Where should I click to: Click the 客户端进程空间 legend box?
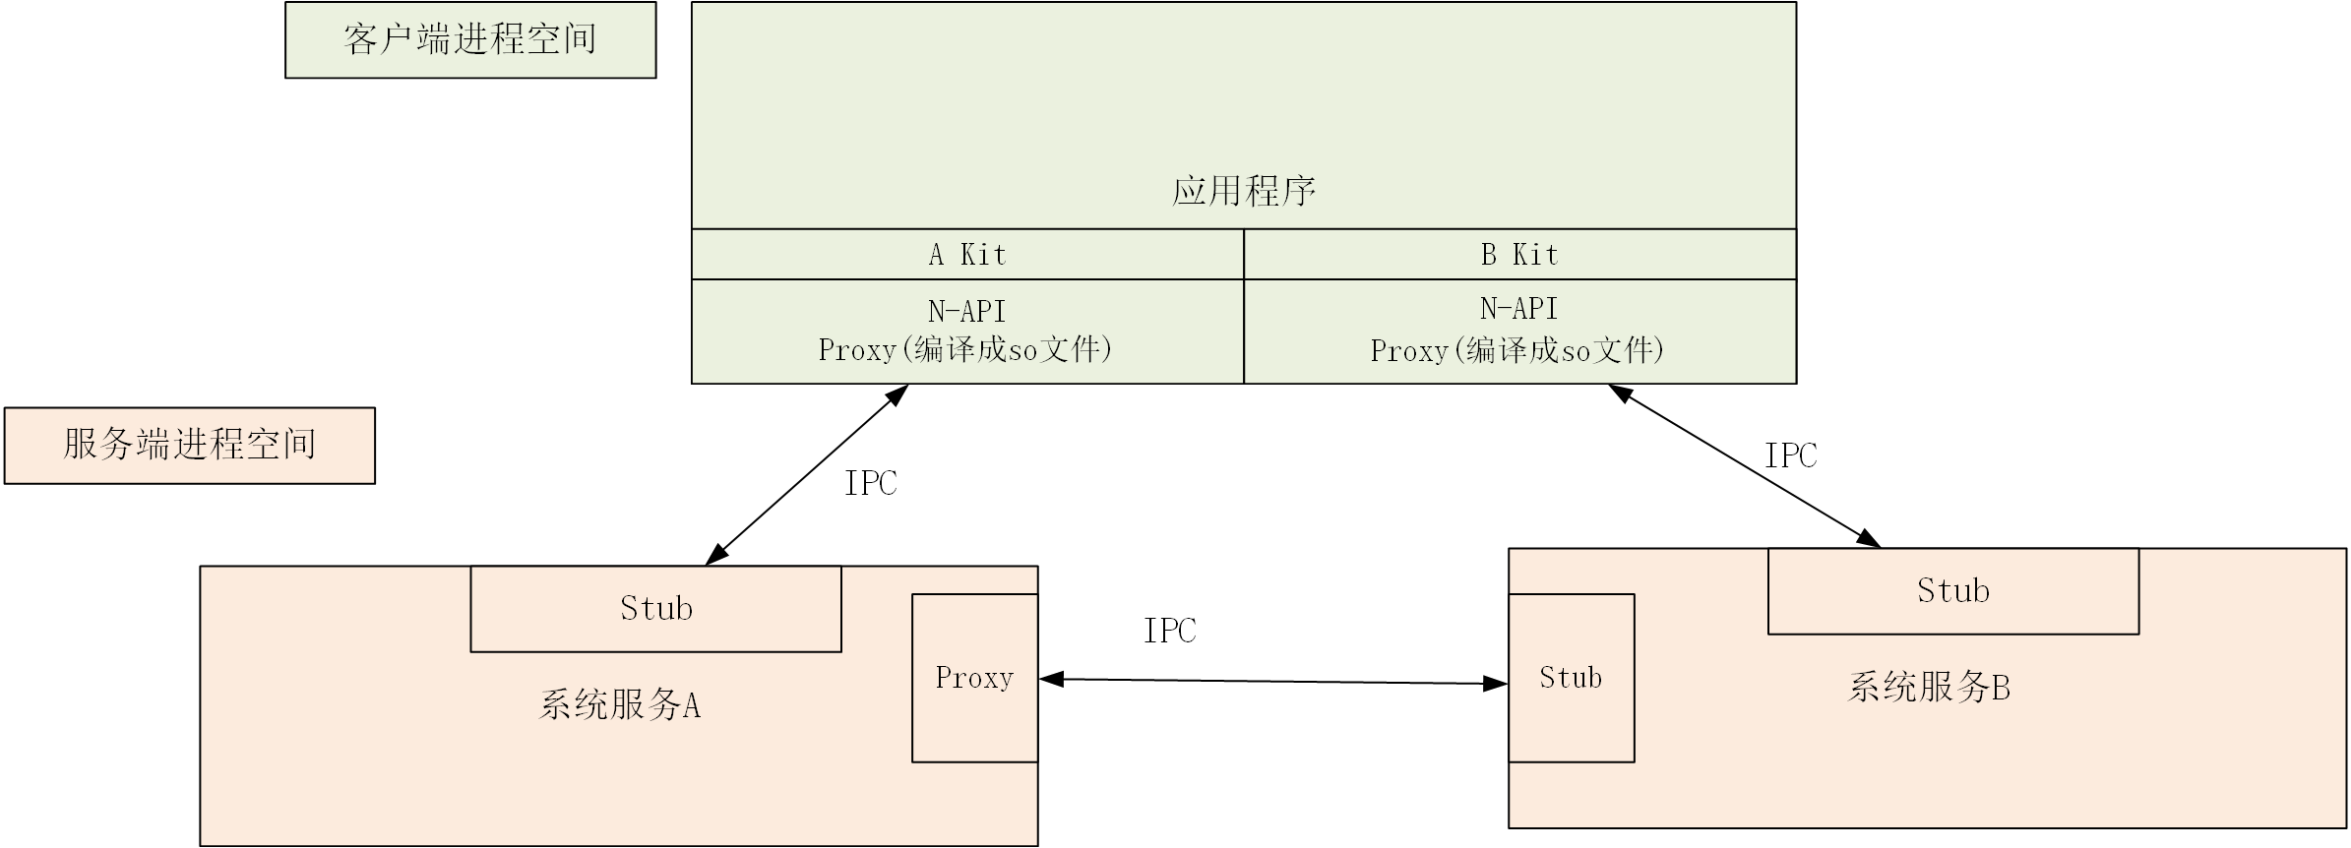470,40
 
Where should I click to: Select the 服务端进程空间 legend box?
189,446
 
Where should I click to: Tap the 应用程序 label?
1243,191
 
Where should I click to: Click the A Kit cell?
967,255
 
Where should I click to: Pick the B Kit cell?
1519,255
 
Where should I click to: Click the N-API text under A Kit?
967,312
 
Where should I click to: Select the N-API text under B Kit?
1519,309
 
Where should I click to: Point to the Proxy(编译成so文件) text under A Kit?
965,350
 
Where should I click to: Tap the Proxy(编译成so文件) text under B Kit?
1517,351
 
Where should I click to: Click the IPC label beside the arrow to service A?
870,483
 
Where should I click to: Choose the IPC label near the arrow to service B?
1790,455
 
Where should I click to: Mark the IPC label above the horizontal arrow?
1169,631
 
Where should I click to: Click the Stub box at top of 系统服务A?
655,609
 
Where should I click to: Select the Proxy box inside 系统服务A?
974,678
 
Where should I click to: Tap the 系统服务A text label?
620,705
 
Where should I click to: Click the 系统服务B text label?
1929,687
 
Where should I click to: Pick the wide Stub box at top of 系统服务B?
1952,591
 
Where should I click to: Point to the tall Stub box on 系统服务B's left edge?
1571,678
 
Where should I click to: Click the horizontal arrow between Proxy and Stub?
1272,681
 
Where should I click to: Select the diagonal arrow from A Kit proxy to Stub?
807,474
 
